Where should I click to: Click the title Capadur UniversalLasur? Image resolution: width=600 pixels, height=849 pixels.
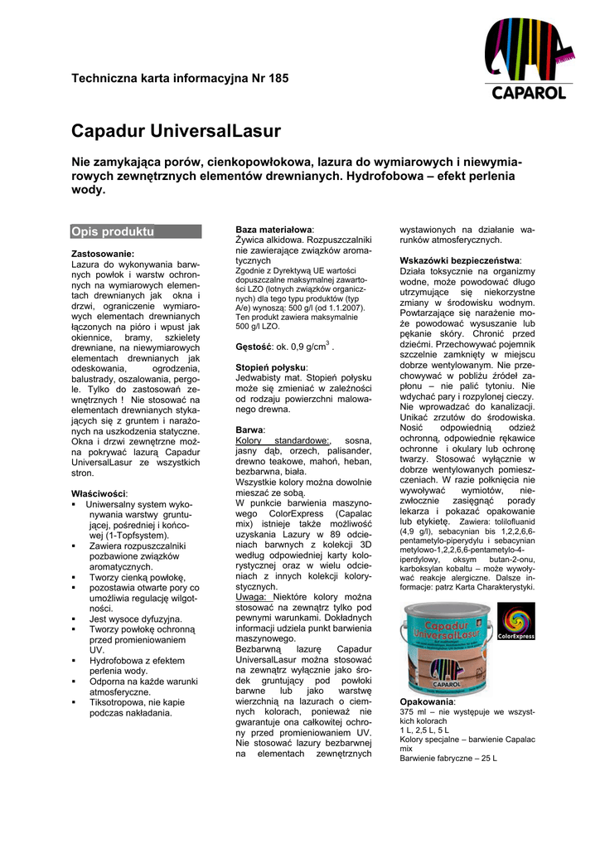[177, 131]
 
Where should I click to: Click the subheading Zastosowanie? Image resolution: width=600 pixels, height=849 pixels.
[103, 253]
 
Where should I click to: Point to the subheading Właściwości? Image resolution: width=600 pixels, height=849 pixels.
[99, 493]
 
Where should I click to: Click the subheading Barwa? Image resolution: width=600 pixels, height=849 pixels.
[249, 430]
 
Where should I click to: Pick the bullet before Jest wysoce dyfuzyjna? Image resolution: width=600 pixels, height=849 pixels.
[75, 619]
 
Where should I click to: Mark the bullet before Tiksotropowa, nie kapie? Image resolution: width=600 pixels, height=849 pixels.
[75, 701]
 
